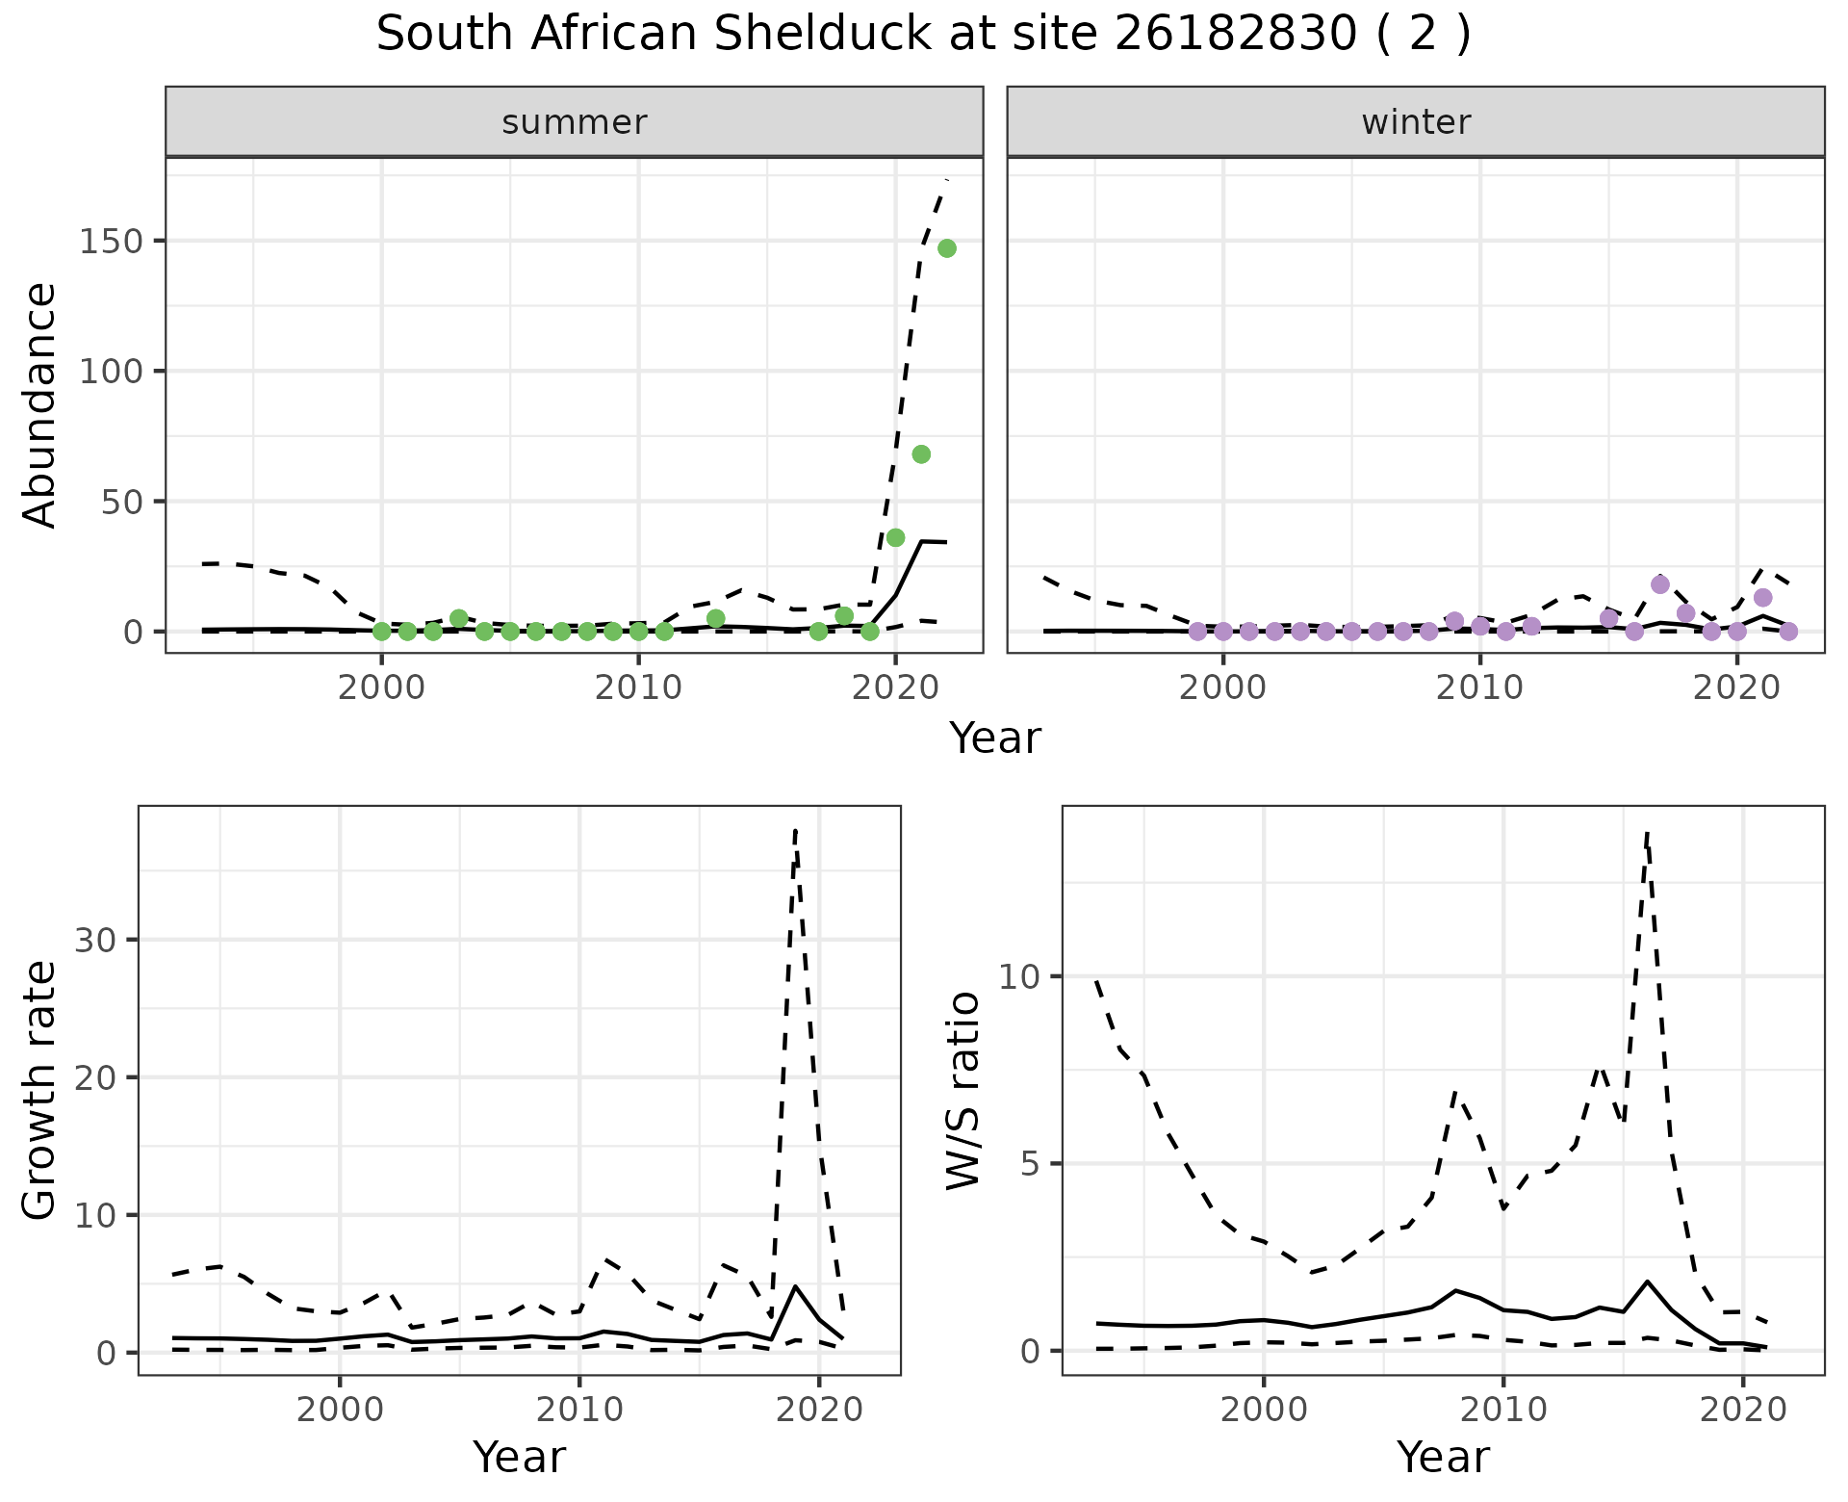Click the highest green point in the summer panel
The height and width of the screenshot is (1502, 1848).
click(946, 248)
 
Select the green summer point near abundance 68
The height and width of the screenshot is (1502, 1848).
click(921, 454)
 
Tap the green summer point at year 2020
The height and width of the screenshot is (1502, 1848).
click(895, 537)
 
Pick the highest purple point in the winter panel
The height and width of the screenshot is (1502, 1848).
click(1660, 584)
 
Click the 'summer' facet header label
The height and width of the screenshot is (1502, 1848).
click(575, 122)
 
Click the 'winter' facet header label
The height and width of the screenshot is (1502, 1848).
click(1416, 122)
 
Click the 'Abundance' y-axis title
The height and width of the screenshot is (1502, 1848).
click(40, 404)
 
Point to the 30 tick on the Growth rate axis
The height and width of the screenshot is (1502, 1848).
click(94, 941)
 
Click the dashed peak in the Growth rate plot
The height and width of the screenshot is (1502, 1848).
click(795, 830)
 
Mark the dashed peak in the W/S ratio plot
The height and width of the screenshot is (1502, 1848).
click(1647, 834)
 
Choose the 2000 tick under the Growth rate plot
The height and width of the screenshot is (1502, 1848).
click(340, 1411)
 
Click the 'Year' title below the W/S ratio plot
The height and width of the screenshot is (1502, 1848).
click(1443, 1458)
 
